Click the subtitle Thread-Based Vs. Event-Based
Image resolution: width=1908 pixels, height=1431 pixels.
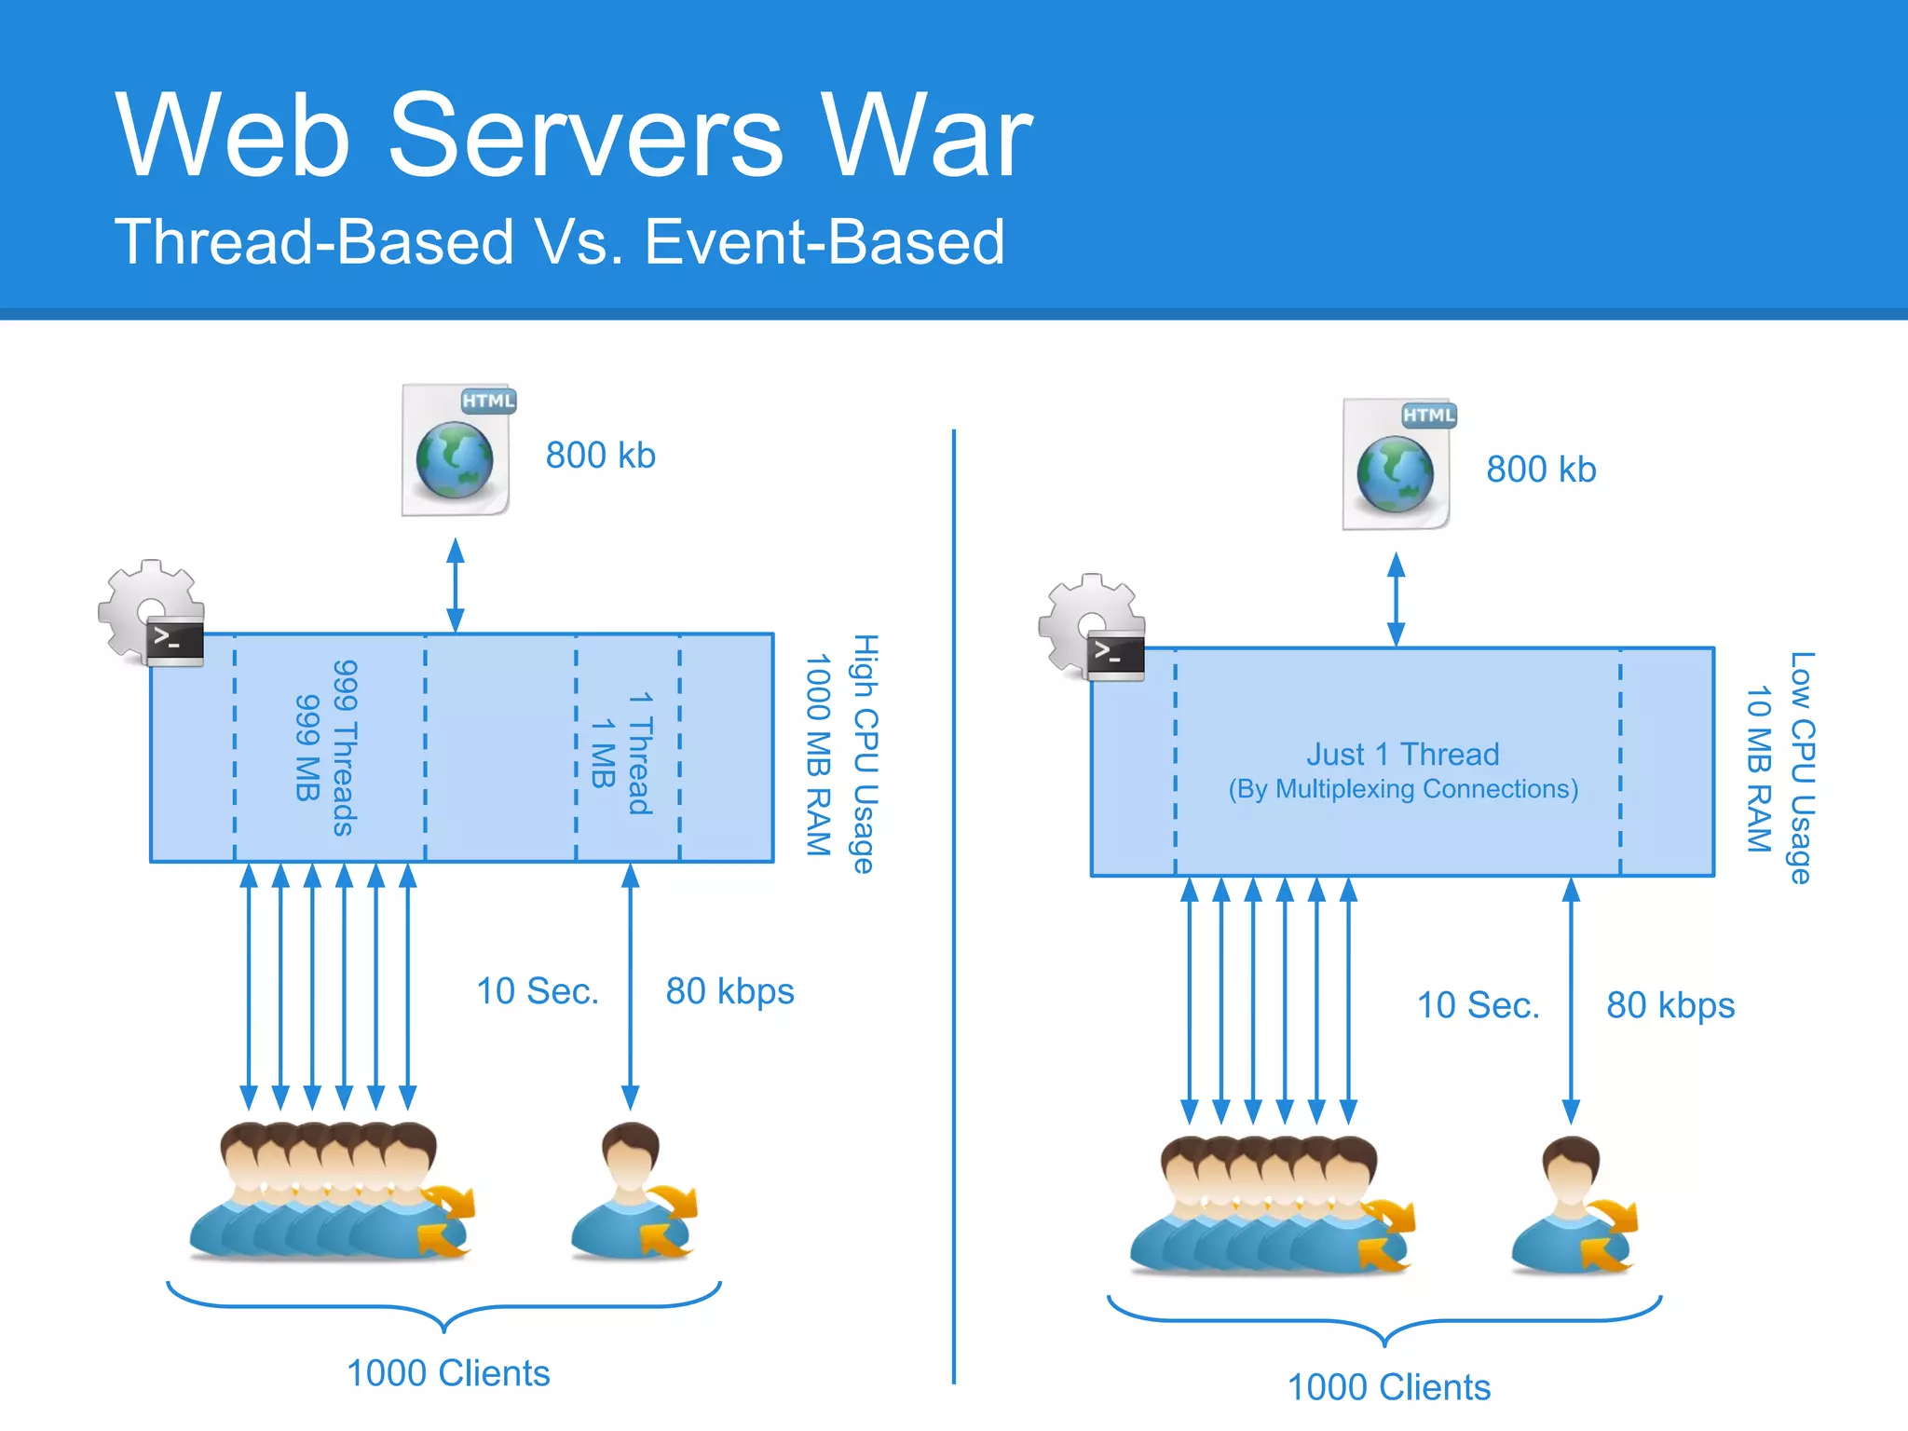tap(559, 242)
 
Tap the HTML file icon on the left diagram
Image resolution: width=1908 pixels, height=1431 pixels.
tap(457, 450)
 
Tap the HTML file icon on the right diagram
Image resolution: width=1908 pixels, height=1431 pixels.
tap(1397, 464)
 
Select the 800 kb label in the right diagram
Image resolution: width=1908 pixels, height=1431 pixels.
tap(1541, 470)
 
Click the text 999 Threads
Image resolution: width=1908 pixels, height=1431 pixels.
tap(345, 748)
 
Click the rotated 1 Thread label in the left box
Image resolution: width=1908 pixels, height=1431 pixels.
tap(640, 753)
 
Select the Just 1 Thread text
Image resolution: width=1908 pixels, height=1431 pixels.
tap(1402, 754)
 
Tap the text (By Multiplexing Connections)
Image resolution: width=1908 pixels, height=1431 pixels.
tap(1403, 789)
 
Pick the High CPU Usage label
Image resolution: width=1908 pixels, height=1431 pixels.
tap(865, 754)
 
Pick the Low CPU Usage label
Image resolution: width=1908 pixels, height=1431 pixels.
tap(1802, 768)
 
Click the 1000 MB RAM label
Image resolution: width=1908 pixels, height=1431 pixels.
tap(817, 755)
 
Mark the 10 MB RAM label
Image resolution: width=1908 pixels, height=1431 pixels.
tap(1758, 770)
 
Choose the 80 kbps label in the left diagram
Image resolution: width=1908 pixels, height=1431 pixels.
tap(729, 991)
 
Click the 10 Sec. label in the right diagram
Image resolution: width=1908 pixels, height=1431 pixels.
tap(1478, 1005)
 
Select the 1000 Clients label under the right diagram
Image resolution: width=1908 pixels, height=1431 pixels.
tap(1388, 1387)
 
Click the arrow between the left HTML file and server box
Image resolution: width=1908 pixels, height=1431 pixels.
tap(456, 586)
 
